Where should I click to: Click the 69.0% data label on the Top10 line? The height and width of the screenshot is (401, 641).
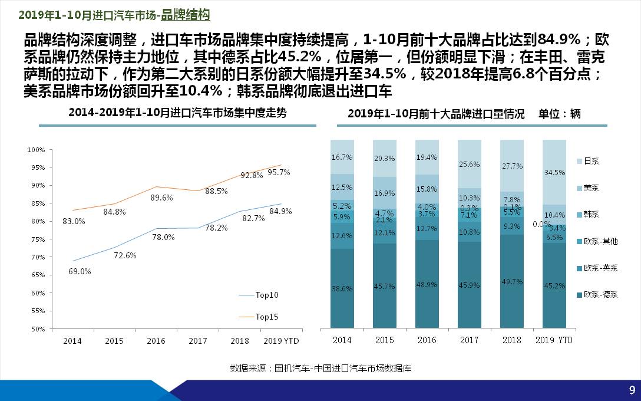pyautogui.click(x=80, y=271)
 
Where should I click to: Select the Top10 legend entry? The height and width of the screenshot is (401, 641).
pyautogui.click(x=266, y=295)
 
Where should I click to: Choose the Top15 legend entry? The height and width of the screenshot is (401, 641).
pyautogui.click(x=266, y=317)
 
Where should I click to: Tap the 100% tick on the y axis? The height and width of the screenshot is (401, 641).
pyautogui.click(x=37, y=150)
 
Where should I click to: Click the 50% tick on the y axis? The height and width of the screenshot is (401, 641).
pyautogui.click(x=37, y=328)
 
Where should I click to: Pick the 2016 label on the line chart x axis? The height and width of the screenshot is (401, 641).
pyautogui.click(x=156, y=341)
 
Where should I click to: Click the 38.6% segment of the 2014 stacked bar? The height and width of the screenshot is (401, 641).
pyautogui.click(x=342, y=289)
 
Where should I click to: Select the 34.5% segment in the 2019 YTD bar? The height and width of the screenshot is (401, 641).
pyautogui.click(x=554, y=173)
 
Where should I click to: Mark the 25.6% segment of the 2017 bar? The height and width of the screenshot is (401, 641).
pyautogui.click(x=469, y=164)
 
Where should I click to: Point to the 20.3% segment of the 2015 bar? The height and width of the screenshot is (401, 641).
pyautogui.click(x=384, y=158)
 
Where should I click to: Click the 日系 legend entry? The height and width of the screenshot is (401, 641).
pyautogui.click(x=591, y=161)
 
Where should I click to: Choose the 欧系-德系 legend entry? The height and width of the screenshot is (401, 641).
pyautogui.click(x=600, y=295)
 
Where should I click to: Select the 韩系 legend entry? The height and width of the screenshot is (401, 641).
pyautogui.click(x=591, y=215)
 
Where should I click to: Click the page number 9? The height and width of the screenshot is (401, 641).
pyautogui.click(x=632, y=390)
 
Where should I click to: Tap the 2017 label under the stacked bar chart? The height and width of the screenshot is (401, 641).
pyautogui.click(x=469, y=340)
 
